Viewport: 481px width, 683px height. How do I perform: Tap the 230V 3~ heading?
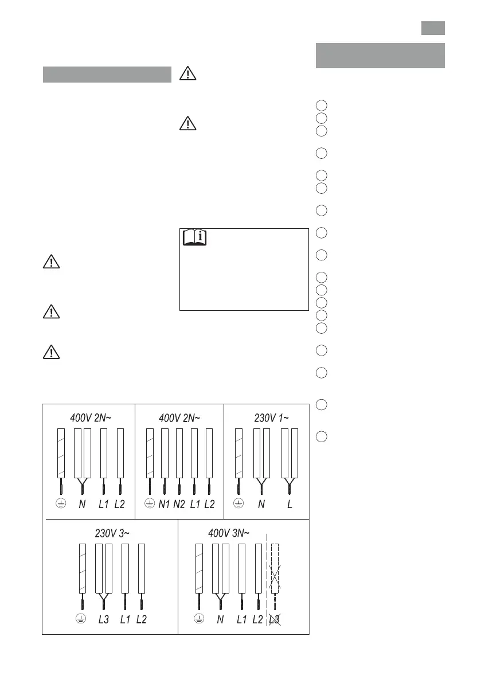click(112, 533)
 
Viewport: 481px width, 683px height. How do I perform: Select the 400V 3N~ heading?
click(229, 533)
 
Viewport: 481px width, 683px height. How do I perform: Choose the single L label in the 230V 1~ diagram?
click(290, 504)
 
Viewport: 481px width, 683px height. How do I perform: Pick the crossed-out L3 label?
click(275, 619)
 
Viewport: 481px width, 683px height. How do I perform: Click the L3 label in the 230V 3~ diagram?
click(105, 619)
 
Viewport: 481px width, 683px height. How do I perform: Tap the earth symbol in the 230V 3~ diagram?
click(81, 619)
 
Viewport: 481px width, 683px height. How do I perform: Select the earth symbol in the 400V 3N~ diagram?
click(199, 619)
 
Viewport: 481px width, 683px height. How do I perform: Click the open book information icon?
click(193, 237)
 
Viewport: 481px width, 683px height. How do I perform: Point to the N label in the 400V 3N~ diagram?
click(220, 619)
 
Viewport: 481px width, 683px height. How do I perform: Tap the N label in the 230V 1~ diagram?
click(261, 504)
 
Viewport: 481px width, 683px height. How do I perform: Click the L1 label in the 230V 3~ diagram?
click(125, 619)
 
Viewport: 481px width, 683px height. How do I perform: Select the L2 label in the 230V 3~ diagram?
click(142, 619)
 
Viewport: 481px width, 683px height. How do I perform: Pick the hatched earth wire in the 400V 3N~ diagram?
click(200, 568)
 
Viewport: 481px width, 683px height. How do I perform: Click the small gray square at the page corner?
click(433, 28)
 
